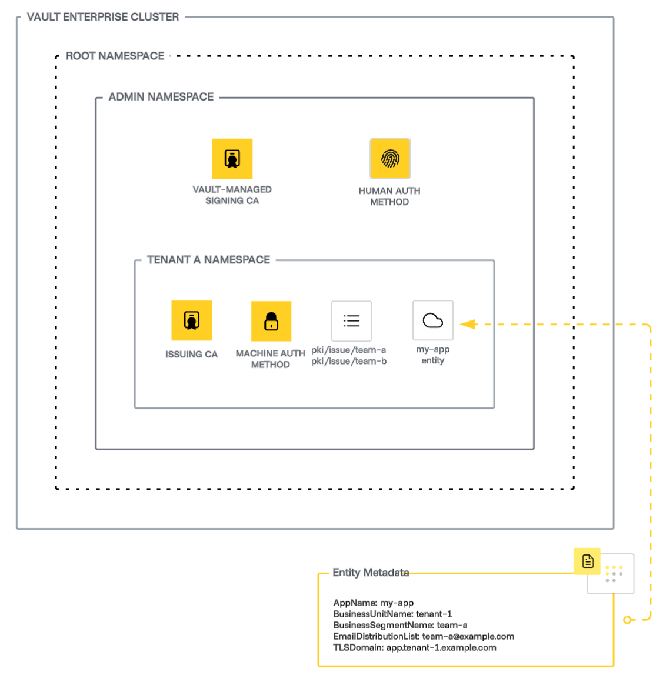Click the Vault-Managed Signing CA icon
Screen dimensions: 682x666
(x=232, y=159)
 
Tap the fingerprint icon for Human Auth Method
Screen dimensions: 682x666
(x=389, y=159)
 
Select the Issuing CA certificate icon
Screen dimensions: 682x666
(x=191, y=320)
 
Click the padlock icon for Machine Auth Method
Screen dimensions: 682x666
(x=271, y=321)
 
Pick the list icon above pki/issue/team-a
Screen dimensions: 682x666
(x=351, y=321)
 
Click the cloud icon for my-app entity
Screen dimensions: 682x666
(x=433, y=320)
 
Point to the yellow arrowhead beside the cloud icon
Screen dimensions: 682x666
(x=468, y=324)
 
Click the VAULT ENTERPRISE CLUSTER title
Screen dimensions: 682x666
(x=103, y=17)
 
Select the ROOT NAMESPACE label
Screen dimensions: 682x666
(x=115, y=56)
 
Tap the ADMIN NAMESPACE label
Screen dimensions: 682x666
(x=161, y=97)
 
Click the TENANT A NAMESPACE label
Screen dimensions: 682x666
(x=208, y=260)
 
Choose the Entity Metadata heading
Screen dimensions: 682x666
(x=371, y=573)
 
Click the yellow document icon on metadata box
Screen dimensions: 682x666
(x=587, y=561)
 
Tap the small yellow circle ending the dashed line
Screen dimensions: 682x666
(x=628, y=620)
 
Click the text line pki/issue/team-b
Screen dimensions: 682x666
(x=349, y=361)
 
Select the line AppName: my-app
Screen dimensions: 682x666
(x=373, y=603)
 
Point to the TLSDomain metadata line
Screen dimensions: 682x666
(x=414, y=647)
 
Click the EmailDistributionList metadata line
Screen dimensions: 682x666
(x=423, y=636)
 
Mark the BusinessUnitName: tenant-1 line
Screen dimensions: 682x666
(x=392, y=614)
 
